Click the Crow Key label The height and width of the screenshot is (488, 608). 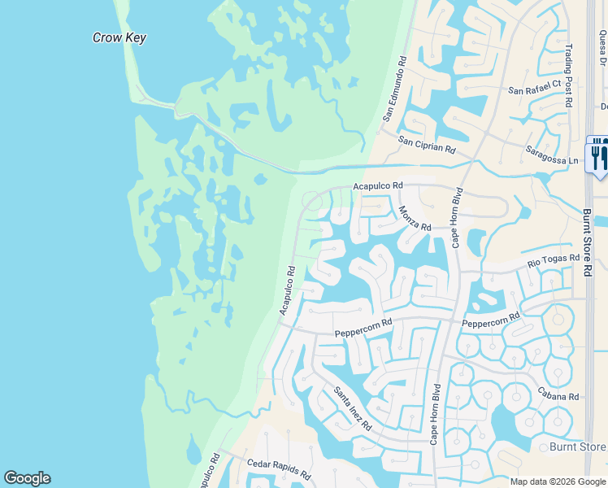[x=119, y=37]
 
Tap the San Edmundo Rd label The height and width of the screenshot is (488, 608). [x=394, y=90]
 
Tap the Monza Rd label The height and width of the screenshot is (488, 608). [x=415, y=217]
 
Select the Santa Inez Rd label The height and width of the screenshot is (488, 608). [x=353, y=408]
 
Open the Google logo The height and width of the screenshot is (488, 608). [x=27, y=478]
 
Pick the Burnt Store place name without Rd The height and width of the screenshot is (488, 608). [x=578, y=447]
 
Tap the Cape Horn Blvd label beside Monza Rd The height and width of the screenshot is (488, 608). [x=458, y=217]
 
